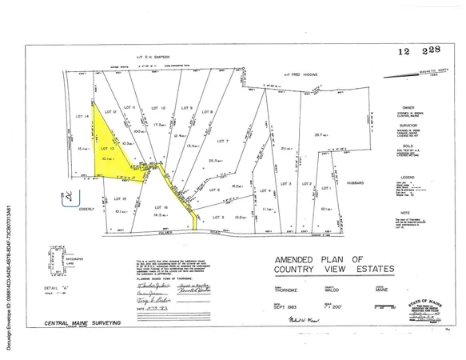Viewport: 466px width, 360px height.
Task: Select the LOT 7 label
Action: [222, 141]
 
